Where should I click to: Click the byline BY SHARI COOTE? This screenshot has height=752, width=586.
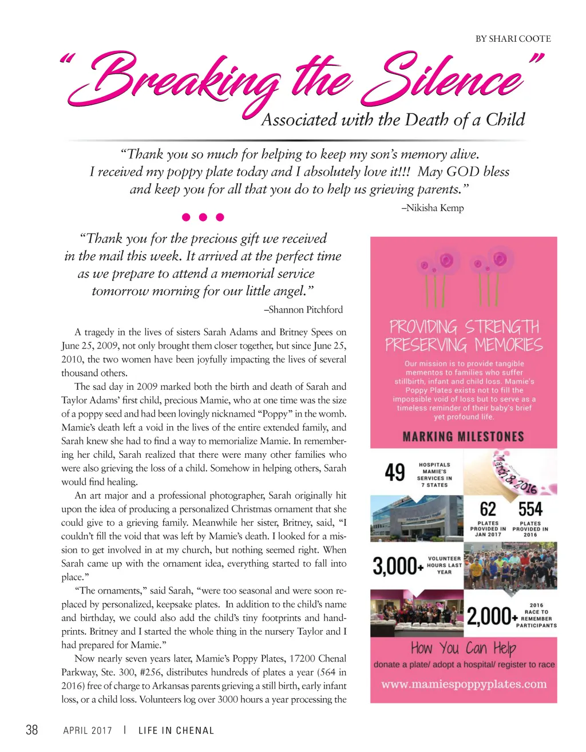coord(513,39)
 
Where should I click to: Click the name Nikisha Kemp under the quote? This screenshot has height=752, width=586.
coord(433,208)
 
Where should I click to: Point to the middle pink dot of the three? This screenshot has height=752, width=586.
coord(203,217)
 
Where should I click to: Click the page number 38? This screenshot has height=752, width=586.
coord(32,730)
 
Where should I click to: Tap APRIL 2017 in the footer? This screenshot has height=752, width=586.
coord(88,730)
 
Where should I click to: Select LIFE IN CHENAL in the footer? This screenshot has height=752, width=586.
coord(176,730)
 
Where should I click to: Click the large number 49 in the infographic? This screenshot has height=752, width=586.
coord(395,473)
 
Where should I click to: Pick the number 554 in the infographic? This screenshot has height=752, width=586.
coord(530,509)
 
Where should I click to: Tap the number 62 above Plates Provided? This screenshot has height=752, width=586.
coord(488,509)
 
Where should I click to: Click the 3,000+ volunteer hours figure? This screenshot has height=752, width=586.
coord(398,566)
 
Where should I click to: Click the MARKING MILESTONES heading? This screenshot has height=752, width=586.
coord(463,437)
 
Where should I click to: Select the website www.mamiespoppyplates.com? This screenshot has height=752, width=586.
coord(464,684)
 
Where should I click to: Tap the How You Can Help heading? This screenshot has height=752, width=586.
coord(463,648)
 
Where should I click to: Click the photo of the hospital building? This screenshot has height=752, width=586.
coord(416,519)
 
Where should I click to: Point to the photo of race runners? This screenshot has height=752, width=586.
coord(510,566)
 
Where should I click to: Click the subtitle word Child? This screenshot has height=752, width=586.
coord(505,120)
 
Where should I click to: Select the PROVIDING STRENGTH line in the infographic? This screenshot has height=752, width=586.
coord(464,327)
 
